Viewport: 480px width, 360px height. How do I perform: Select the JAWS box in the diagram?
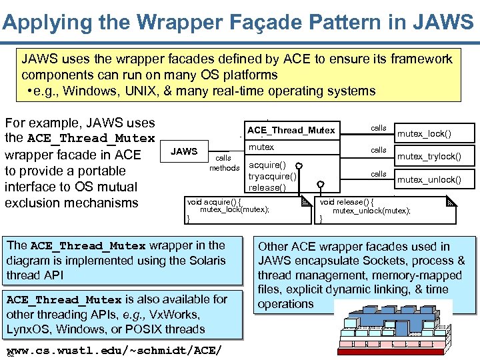pyautogui.click(x=184, y=151)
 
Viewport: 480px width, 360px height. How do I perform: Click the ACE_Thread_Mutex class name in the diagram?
pyautogui.click(x=291, y=130)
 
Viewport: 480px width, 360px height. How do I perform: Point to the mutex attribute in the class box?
pyautogui.click(x=261, y=147)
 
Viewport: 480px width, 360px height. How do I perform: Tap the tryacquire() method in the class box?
pyautogui.click(x=272, y=176)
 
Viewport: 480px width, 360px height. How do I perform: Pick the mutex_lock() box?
pyautogui.click(x=424, y=133)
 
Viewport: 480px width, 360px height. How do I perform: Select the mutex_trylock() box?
pyautogui.click(x=429, y=157)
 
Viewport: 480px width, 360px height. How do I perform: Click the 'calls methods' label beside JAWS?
pyautogui.click(x=224, y=163)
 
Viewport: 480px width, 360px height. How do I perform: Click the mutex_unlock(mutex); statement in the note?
pyautogui.click(x=371, y=211)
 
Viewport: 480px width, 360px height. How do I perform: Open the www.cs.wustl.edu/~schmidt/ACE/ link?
pyautogui.click(x=113, y=351)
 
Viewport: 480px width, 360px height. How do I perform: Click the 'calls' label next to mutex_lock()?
pyautogui.click(x=379, y=127)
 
